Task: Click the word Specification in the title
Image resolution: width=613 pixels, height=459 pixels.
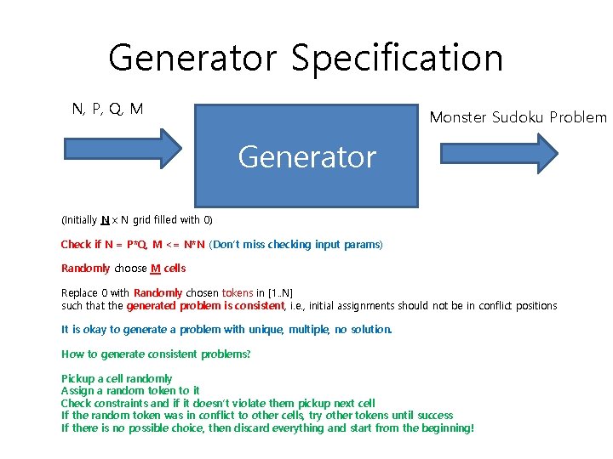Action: click(397, 59)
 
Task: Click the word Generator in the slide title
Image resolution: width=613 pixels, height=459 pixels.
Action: click(193, 59)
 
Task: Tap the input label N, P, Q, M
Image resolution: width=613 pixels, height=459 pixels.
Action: click(107, 109)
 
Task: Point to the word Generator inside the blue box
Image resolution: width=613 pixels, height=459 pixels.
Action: click(306, 157)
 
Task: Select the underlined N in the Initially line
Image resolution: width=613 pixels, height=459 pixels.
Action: click(104, 219)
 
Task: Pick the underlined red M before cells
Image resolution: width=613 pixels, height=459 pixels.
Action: click(155, 269)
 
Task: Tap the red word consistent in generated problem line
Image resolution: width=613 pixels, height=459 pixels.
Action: click(260, 305)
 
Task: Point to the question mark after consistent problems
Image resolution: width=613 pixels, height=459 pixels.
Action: click(249, 354)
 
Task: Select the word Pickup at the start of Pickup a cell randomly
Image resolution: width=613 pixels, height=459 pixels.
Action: click(79, 379)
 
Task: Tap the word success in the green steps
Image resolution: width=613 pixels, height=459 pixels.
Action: click(434, 416)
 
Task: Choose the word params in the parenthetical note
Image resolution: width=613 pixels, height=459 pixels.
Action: click(362, 245)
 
